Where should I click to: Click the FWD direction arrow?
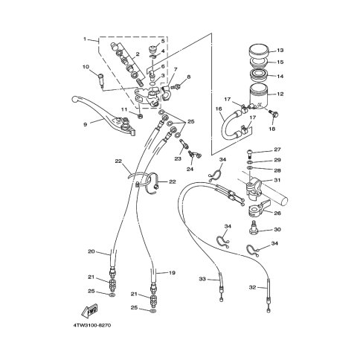coord(90,310)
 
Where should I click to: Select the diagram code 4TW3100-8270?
coord(92,325)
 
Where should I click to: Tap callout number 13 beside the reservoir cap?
coord(280,51)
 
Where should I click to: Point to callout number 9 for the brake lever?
coord(86,124)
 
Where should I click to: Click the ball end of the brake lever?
coord(74,100)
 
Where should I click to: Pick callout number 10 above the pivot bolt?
coord(86,67)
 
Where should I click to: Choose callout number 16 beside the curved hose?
coord(219,109)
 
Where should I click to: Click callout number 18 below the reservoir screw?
coord(272,129)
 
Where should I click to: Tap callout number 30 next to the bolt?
coord(277,230)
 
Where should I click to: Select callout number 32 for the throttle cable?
coord(252,287)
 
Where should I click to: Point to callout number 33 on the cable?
coord(202,279)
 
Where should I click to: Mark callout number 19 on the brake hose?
coord(172,273)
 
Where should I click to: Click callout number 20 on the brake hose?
coord(91,251)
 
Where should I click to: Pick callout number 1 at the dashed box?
coord(85,39)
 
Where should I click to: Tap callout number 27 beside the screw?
coord(277,150)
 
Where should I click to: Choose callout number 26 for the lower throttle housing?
coord(277,213)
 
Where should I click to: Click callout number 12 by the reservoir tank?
coord(280,94)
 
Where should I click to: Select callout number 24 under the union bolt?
coord(190,170)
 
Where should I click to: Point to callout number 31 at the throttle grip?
coord(277,180)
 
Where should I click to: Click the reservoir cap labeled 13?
coord(259,51)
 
